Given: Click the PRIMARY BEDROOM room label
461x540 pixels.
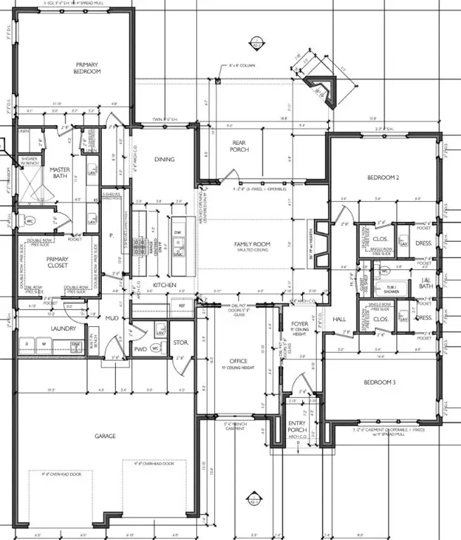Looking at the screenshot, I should (89, 67).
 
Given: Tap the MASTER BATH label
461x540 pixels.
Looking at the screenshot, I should (60, 174).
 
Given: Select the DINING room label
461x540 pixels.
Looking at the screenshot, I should (164, 160).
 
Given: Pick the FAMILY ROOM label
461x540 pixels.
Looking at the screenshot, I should (253, 245).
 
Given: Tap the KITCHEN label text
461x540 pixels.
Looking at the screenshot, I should (165, 285).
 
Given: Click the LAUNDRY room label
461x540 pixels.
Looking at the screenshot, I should (43, 328).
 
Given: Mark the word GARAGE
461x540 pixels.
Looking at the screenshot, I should (106, 436).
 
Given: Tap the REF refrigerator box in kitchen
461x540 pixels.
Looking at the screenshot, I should (182, 306).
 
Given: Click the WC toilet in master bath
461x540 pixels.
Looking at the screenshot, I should (30, 221).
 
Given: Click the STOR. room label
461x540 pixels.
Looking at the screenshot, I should (179, 343).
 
